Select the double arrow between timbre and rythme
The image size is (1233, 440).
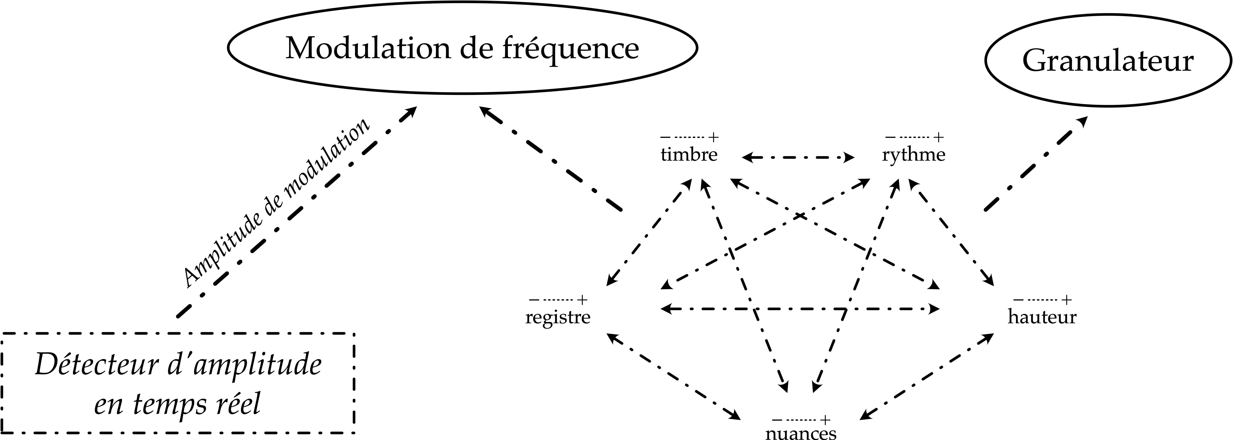pos(798,157)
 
